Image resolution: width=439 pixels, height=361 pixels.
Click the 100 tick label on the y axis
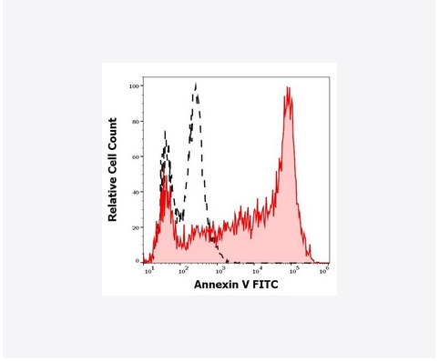tap(133, 86)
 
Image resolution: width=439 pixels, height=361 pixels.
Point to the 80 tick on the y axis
tap(135, 122)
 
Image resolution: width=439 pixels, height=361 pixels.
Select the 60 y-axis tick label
tap(135, 157)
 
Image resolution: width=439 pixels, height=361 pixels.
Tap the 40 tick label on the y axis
tap(135, 192)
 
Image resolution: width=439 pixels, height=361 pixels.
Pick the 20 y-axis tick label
tap(135, 227)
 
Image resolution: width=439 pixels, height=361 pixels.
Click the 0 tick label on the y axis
tap(137, 262)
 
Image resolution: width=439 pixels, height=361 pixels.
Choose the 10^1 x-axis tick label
tap(147, 271)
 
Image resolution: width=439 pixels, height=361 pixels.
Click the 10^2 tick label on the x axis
tap(182, 271)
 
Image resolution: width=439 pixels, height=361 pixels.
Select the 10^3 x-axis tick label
tap(219, 271)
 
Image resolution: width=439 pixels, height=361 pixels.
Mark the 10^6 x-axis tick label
tap(324, 271)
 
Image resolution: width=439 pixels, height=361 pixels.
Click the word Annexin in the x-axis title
tap(217, 285)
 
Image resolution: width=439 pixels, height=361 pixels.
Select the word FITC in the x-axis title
tap(267, 285)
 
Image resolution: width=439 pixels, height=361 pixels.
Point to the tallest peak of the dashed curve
tap(196, 85)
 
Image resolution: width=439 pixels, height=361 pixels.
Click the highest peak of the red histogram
tap(288, 88)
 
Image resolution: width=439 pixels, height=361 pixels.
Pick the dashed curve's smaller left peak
tap(165, 134)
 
